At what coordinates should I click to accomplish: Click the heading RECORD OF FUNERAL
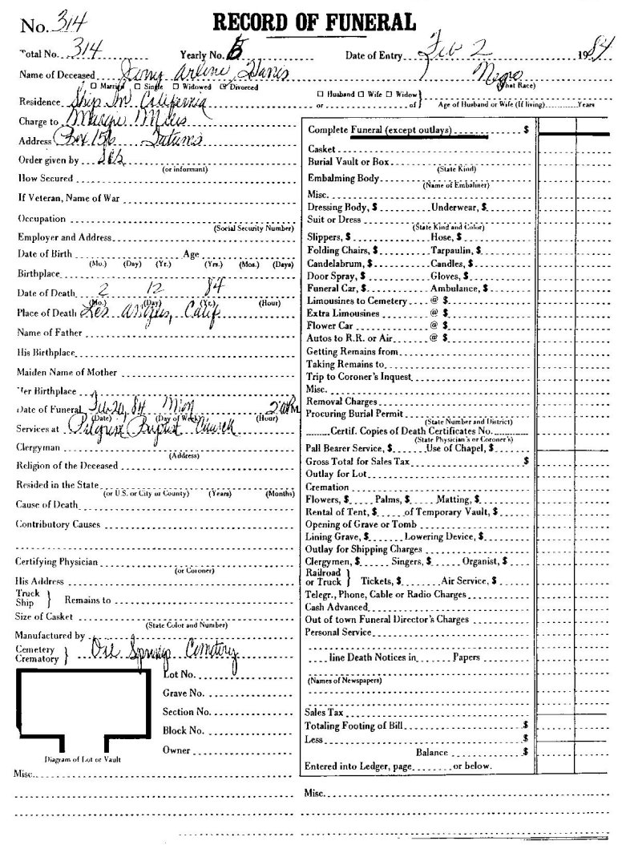click(313, 22)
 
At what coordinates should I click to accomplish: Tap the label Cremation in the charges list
click(328, 487)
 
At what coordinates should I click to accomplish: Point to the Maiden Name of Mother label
click(67, 373)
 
